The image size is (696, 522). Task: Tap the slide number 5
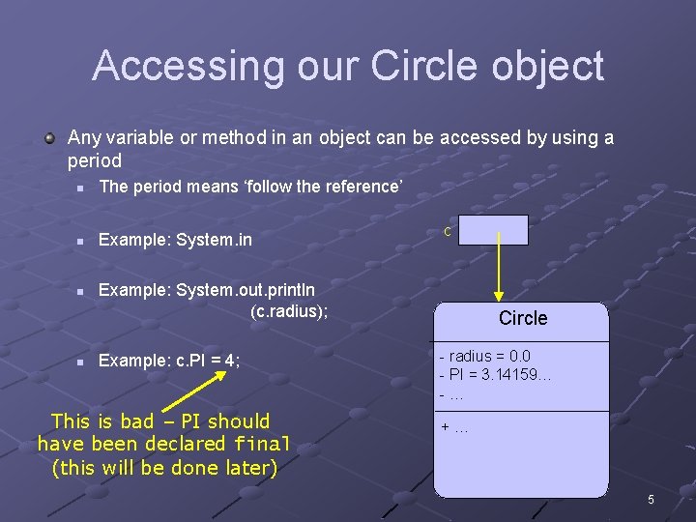[x=651, y=500]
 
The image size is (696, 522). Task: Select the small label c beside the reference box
[x=447, y=231]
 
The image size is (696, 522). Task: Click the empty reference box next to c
[x=493, y=230]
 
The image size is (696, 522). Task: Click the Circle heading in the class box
[x=522, y=318]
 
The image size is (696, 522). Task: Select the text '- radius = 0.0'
[x=484, y=356]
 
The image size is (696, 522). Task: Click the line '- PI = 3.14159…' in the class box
[x=494, y=375]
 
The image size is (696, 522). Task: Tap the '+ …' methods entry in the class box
[x=454, y=427]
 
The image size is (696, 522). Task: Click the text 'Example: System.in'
[x=175, y=240]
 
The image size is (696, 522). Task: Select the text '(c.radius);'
[x=289, y=310]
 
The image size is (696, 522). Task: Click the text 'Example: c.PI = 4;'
[x=169, y=361]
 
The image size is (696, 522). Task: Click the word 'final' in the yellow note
[x=262, y=445]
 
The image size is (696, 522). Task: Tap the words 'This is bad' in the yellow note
[x=102, y=420]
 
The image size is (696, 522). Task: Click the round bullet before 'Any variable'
[x=49, y=137]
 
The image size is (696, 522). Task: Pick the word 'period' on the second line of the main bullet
[x=95, y=160]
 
